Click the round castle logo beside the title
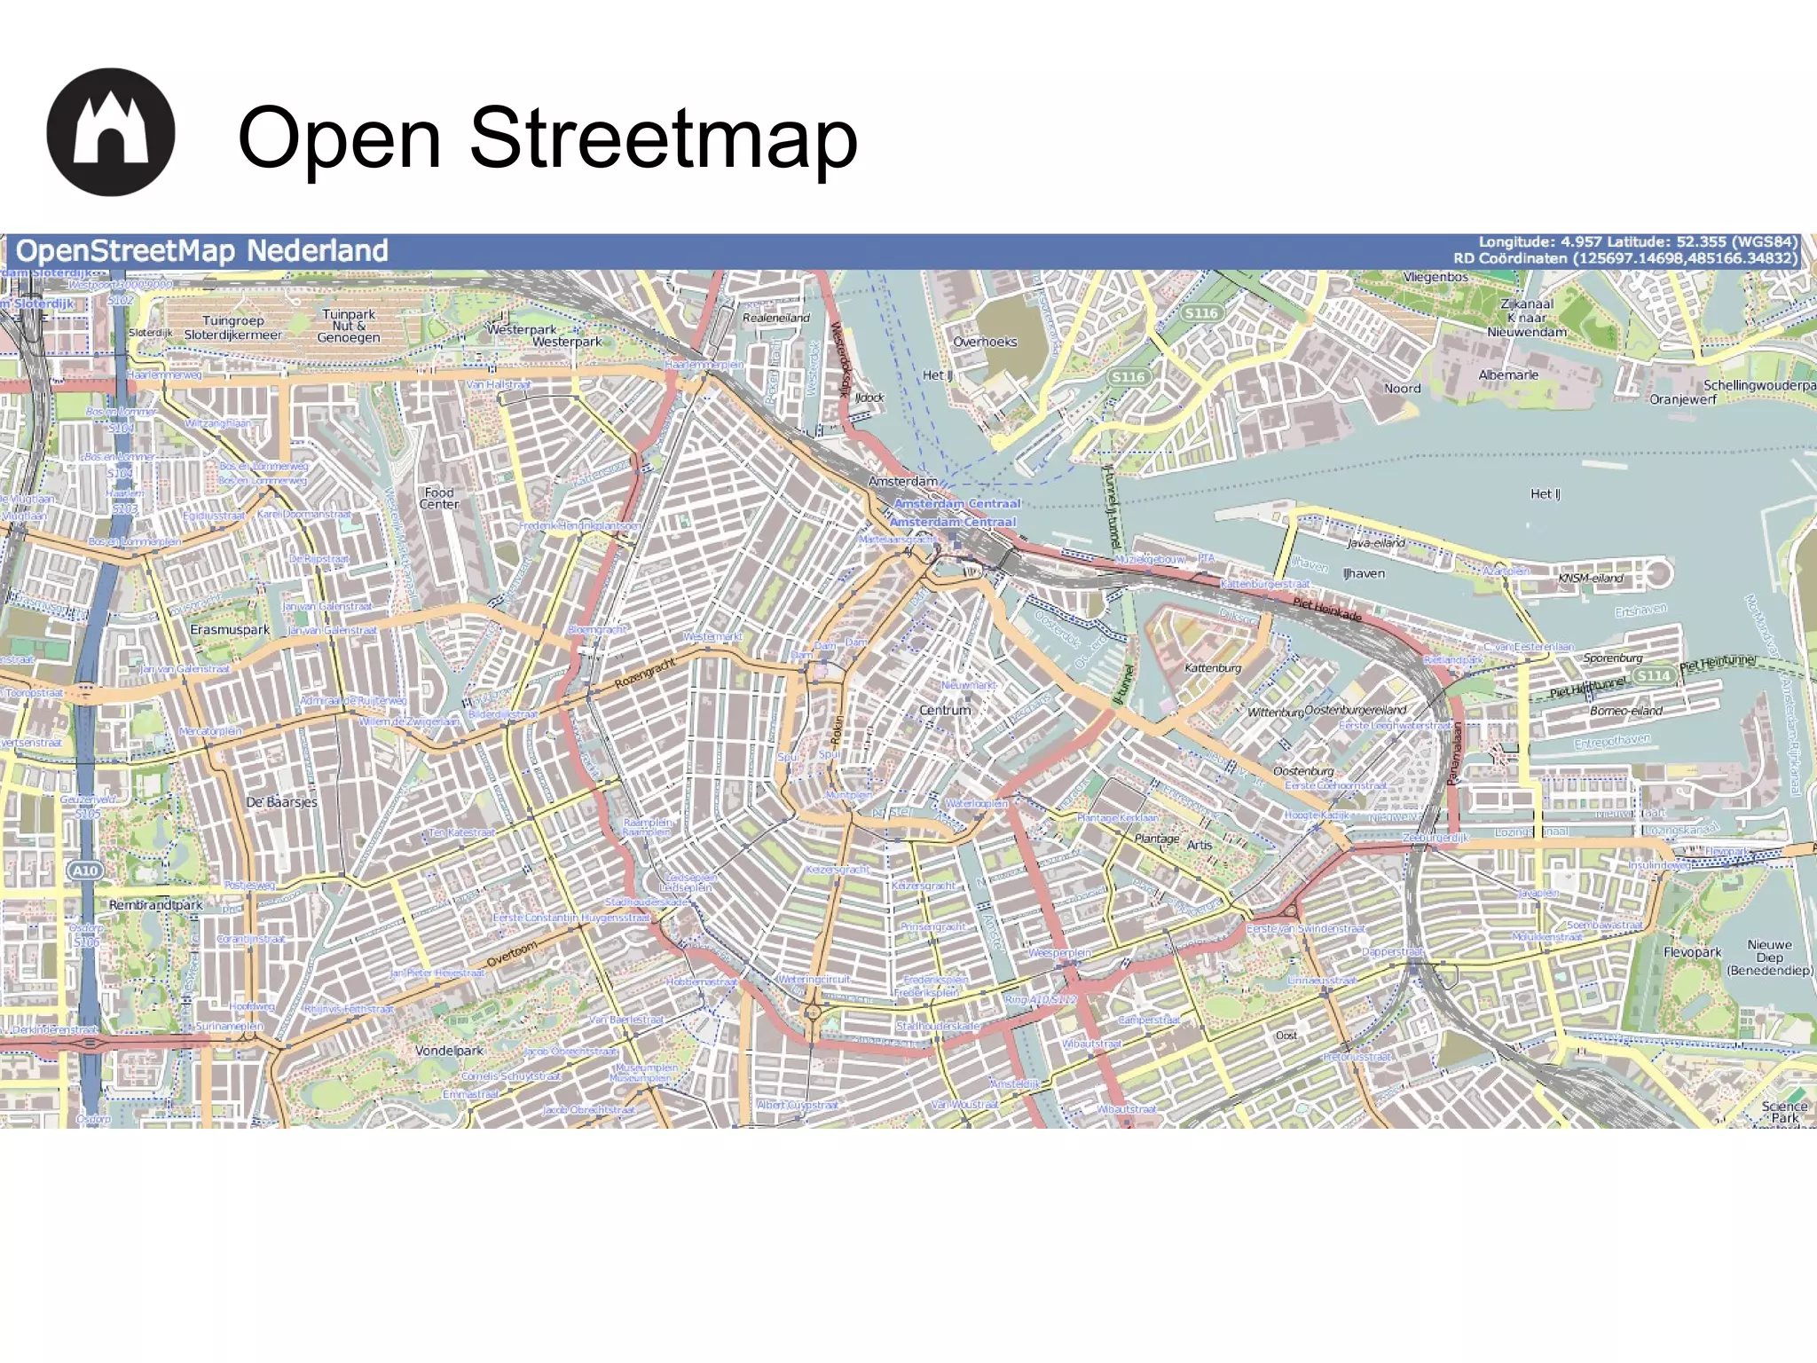pyautogui.click(x=111, y=132)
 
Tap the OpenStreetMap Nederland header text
pyautogui.click(x=202, y=251)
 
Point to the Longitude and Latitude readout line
pyautogui.click(x=1637, y=242)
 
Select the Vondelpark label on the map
pyautogui.click(x=449, y=1051)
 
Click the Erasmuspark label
pyautogui.click(x=230, y=629)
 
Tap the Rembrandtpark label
pyautogui.click(x=156, y=905)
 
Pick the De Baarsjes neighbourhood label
pyautogui.click(x=281, y=802)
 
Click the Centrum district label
pyautogui.click(x=945, y=710)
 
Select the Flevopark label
pyautogui.click(x=1692, y=952)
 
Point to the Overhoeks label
pyautogui.click(x=985, y=342)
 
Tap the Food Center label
pyautogui.click(x=439, y=498)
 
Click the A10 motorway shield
pyautogui.click(x=85, y=871)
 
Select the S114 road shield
pyautogui.click(x=1653, y=675)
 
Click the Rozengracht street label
pyautogui.click(x=645, y=674)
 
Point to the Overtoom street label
pyautogui.click(x=512, y=954)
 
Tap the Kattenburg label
pyautogui.click(x=1213, y=667)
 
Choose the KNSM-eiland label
pyautogui.click(x=1591, y=578)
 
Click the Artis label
pyautogui.click(x=1200, y=845)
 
